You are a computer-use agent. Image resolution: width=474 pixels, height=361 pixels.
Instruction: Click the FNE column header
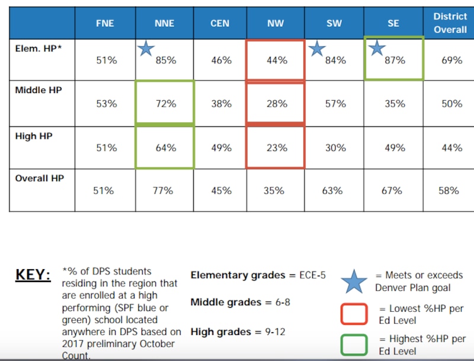click(105, 24)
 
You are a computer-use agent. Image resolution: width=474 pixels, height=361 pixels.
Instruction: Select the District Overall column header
click(450, 23)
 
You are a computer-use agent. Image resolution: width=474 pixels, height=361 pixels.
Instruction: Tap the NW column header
click(276, 24)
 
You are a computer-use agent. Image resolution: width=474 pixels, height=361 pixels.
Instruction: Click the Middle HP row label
click(38, 90)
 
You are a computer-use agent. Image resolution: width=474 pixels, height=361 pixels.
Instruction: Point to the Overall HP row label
click(39, 178)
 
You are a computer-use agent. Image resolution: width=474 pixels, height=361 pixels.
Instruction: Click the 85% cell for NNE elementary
click(166, 60)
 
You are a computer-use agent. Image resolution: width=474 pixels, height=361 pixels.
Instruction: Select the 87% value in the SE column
click(395, 60)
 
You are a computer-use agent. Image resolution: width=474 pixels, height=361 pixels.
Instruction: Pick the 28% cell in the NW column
click(276, 104)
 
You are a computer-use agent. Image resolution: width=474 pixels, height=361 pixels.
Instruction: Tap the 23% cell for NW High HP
click(276, 148)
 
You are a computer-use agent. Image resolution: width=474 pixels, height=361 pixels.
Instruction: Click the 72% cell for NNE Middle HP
click(166, 104)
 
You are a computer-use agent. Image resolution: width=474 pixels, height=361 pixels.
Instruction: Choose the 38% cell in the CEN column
click(221, 104)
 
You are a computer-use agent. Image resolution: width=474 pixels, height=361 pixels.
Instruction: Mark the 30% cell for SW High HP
click(335, 148)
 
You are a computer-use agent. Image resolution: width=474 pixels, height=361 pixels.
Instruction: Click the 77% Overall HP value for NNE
click(162, 190)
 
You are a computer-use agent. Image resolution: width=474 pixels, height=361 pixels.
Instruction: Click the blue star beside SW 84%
click(317, 49)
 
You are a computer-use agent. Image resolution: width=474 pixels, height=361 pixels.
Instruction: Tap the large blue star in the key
click(354, 281)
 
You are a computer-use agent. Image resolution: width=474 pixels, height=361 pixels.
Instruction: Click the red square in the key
click(354, 314)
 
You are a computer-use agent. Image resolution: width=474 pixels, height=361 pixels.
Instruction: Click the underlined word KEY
click(33, 275)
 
